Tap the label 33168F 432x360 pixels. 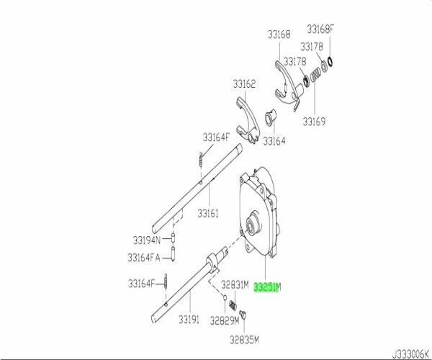(320, 30)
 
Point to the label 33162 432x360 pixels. (244, 85)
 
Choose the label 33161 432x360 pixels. (209, 214)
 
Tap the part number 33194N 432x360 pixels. (147, 238)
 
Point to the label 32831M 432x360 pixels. (235, 284)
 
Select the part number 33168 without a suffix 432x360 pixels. (276, 35)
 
